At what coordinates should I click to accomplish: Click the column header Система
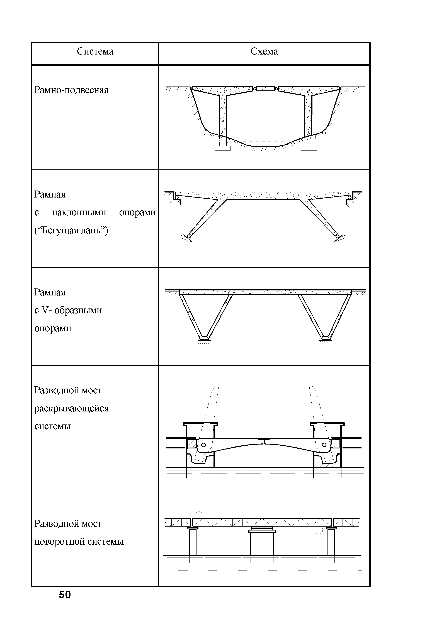click(95, 51)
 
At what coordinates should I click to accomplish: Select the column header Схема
click(264, 51)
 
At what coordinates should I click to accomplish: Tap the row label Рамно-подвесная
click(71, 90)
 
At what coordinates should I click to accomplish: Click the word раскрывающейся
click(71, 408)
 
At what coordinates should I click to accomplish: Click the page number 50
click(65, 595)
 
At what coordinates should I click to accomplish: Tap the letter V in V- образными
click(45, 310)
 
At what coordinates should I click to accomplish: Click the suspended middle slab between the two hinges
click(265, 88)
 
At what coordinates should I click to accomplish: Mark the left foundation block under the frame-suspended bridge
click(222, 148)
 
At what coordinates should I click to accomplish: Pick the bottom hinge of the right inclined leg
click(338, 236)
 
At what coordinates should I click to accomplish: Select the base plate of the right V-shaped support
click(325, 340)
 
